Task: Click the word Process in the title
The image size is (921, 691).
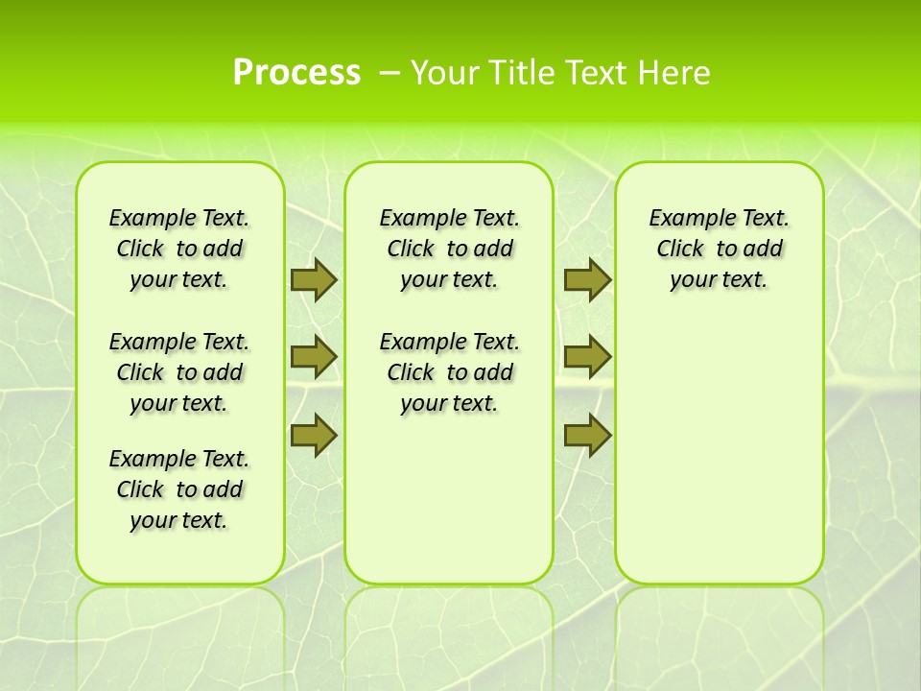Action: pyautogui.click(x=296, y=73)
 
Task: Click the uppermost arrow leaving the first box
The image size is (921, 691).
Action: pyautogui.click(x=314, y=280)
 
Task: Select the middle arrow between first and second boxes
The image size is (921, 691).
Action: pyautogui.click(x=314, y=357)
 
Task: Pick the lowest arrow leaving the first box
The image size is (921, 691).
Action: pyautogui.click(x=314, y=435)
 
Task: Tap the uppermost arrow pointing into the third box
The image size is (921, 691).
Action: pyautogui.click(x=587, y=280)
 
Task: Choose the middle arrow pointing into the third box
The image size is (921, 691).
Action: pyautogui.click(x=587, y=357)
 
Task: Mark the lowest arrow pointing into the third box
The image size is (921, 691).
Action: pyautogui.click(x=587, y=435)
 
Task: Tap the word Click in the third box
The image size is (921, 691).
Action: pyautogui.click(x=680, y=250)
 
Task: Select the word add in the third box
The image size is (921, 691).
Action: pyautogui.click(x=763, y=250)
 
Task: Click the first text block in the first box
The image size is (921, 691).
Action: pyautogui.click(x=178, y=250)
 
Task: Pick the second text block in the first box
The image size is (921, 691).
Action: pyautogui.click(x=178, y=372)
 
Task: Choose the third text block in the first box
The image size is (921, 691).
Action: pyautogui.click(x=178, y=489)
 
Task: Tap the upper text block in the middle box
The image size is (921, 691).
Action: pyautogui.click(x=449, y=250)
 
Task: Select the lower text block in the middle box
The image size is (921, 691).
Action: pyautogui.click(x=449, y=372)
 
